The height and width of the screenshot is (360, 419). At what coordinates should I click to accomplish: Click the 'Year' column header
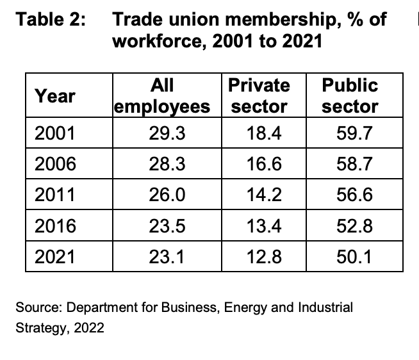(x=54, y=96)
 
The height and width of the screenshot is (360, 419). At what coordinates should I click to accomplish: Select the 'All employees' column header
(x=162, y=96)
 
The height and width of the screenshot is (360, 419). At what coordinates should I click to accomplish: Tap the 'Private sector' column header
(x=259, y=96)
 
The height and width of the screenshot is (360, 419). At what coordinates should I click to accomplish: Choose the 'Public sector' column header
(x=350, y=96)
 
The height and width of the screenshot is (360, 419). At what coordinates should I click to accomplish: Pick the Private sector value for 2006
(x=264, y=165)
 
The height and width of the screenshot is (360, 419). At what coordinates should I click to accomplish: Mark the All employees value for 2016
(x=168, y=226)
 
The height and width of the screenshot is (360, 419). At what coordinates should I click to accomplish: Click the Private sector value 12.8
(x=264, y=257)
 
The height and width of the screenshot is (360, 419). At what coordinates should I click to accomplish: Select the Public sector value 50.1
(x=355, y=257)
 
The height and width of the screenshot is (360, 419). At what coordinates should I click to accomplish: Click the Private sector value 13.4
(x=264, y=226)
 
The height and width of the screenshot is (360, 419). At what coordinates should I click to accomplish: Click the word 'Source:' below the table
(x=36, y=307)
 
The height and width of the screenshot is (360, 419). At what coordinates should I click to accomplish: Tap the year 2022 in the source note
(x=89, y=329)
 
